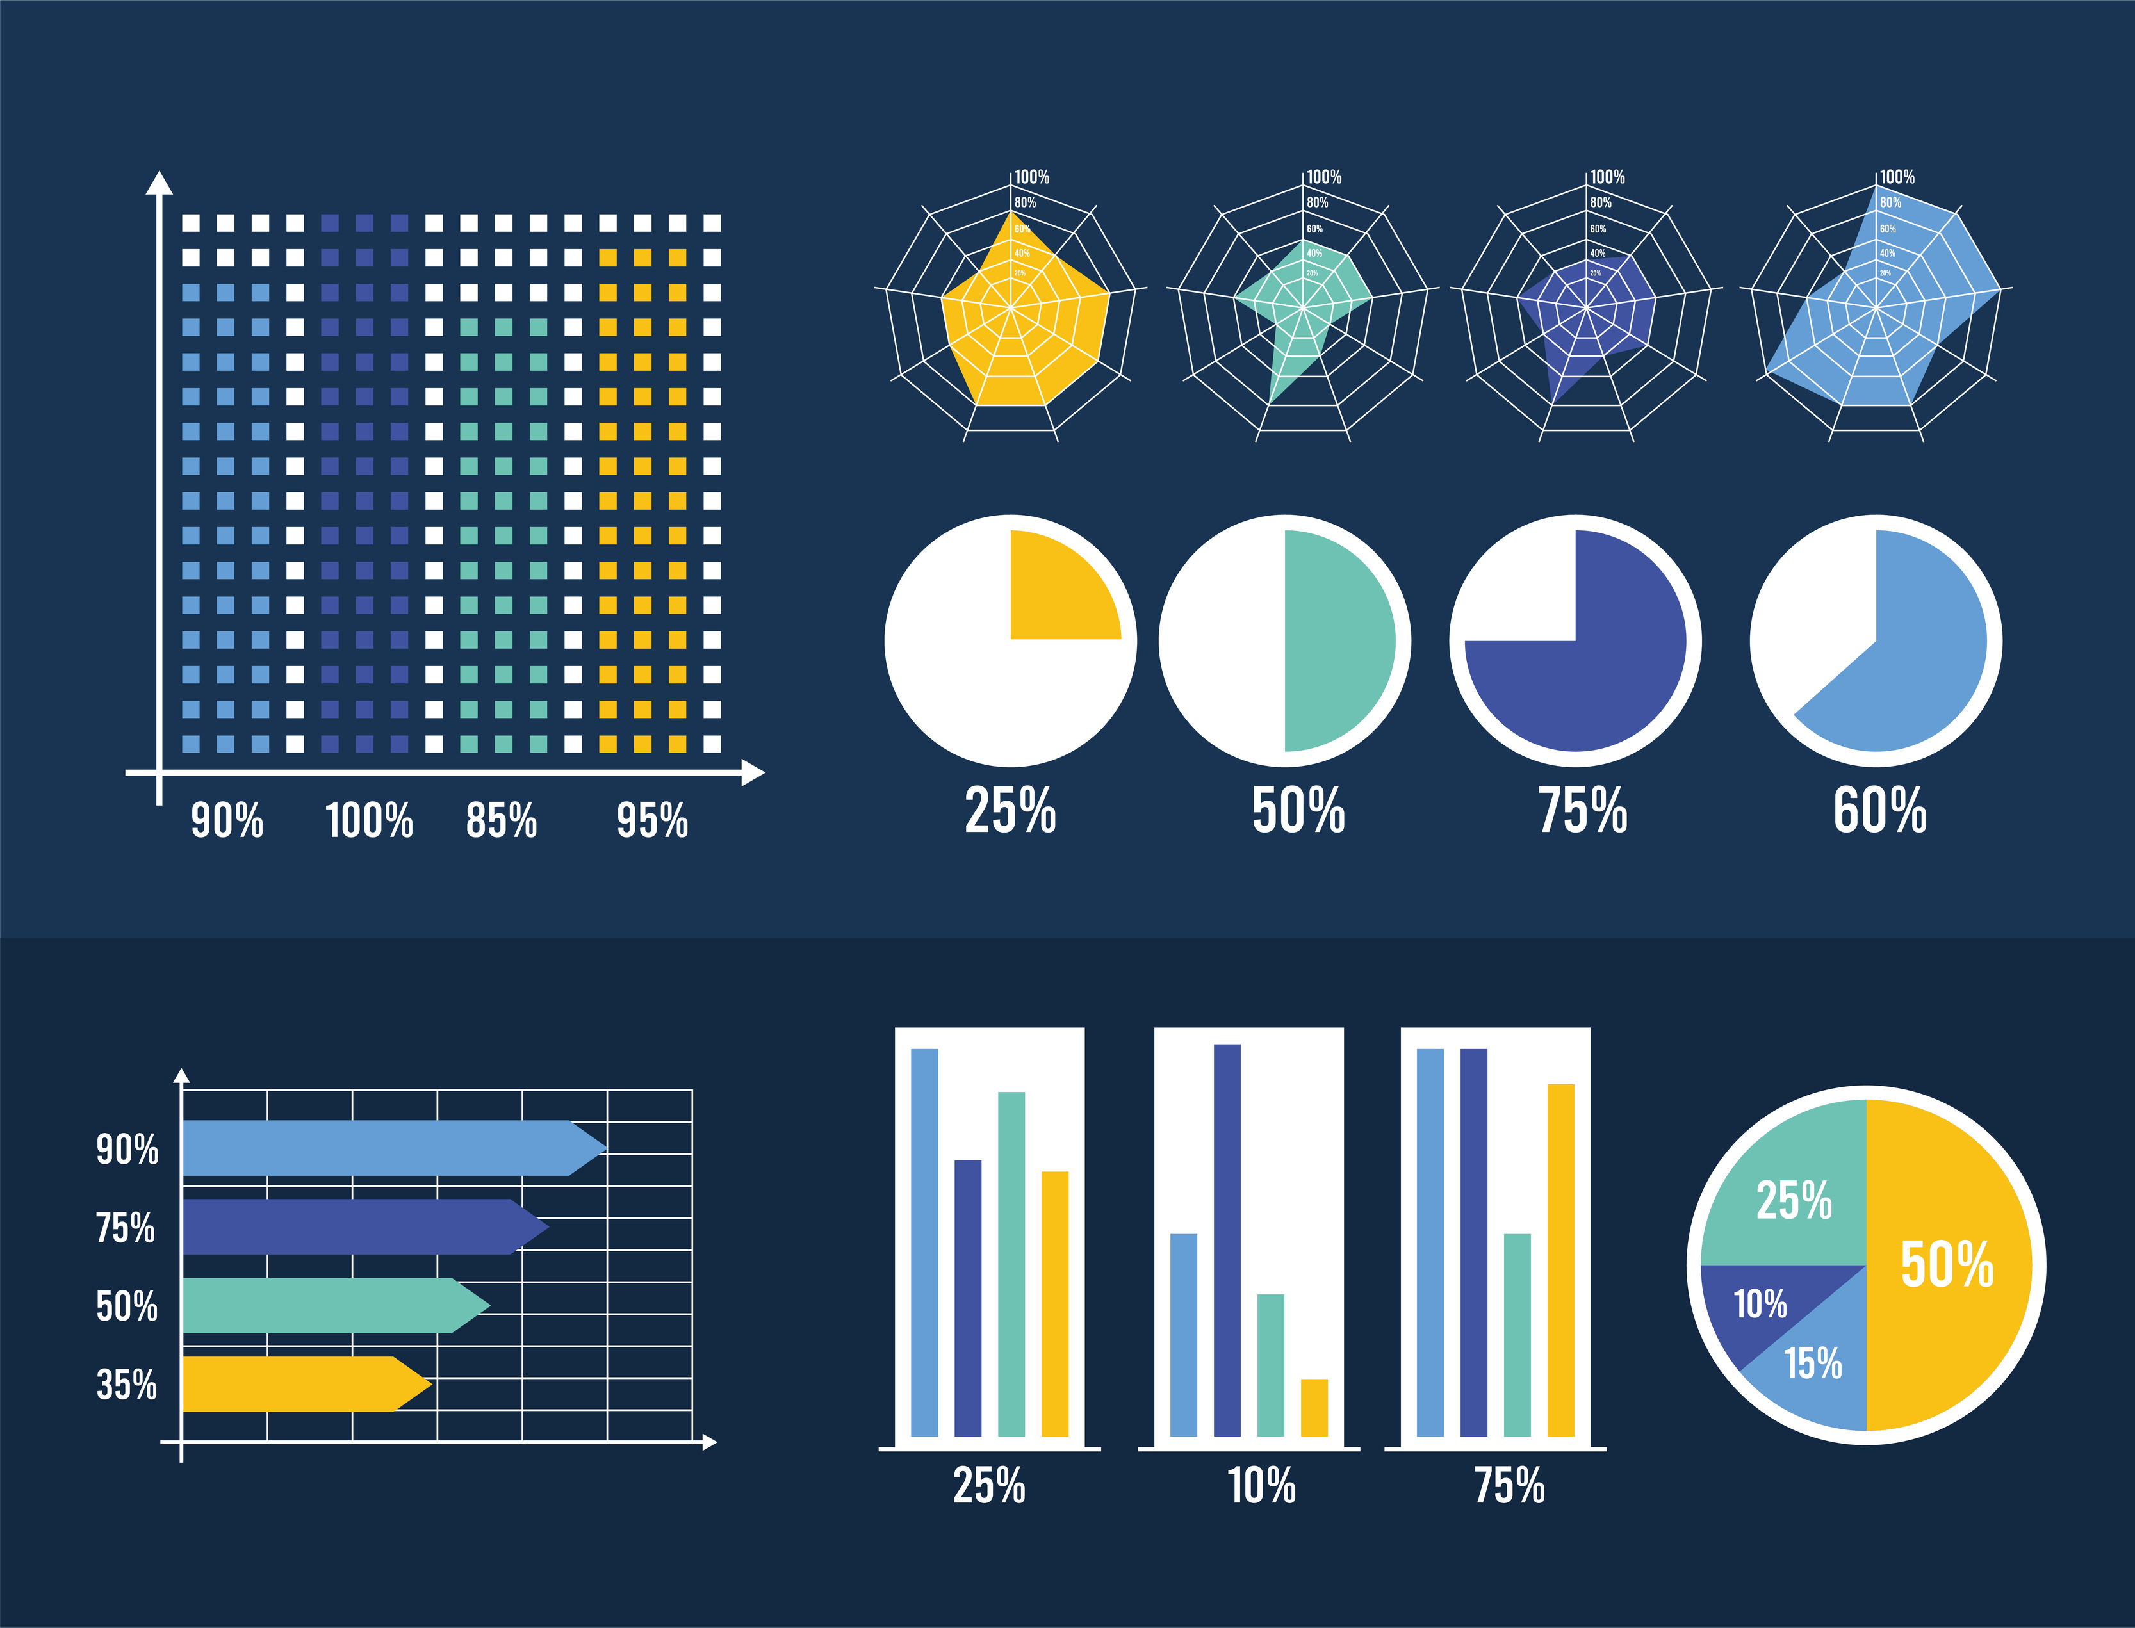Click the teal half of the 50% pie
pos(1338,640)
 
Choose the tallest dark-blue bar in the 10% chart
pos(1227,1241)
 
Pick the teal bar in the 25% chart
pos(1011,1265)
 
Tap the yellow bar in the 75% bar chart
pos(1560,1260)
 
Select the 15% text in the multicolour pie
pos(1812,1363)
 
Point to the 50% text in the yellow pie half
pos(1946,1265)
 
